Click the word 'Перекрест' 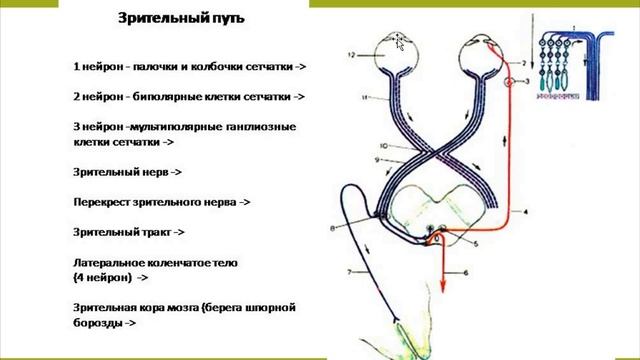pos(103,202)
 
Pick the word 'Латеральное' pos(113,263)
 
